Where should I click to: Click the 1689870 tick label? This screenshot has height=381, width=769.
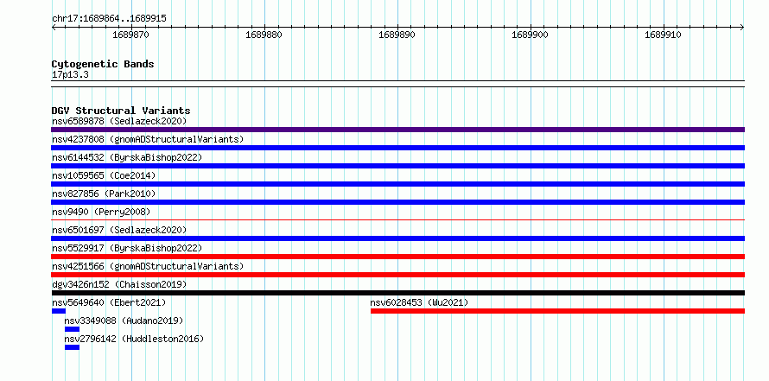pyautogui.click(x=131, y=35)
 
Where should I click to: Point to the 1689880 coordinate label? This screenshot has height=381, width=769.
pyautogui.click(x=264, y=35)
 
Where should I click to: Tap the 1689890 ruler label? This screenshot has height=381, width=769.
pyautogui.click(x=397, y=35)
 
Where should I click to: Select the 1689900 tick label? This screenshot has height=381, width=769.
pyautogui.click(x=531, y=35)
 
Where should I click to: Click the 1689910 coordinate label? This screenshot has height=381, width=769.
pyautogui.click(x=663, y=35)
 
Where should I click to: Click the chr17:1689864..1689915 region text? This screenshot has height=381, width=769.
pyautogui.click(x=109, y=19)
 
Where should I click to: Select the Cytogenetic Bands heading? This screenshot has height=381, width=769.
pyautogui.click(x=103, y=64)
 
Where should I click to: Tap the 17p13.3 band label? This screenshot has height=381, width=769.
pyautogui.click(x=70, y=75)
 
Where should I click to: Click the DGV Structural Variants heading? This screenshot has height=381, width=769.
pyautogui.click(x=121, y=111)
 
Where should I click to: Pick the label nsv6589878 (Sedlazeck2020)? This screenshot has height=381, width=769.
pyautogui.click(x=119, y=121)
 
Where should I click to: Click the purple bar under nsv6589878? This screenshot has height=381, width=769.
pyautogui.click(x=397, y=130)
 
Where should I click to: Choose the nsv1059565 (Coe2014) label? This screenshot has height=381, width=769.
pyautogui.click(x=104, y=175)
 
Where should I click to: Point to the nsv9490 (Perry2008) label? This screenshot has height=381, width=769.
pyautogui.click(x=101, y=212)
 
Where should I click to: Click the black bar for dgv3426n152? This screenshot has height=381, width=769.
pyautogui.click(x=397, y=293)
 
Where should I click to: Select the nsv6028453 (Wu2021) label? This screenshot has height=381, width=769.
pyautogui.click(x=419, y=302)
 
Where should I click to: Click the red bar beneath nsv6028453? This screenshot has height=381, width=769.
pyautogui.click(x=557, y=311)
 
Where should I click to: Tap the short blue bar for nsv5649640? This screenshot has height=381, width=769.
pyautogui.click(x=59, y=311)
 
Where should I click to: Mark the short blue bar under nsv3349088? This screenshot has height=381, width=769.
pyautogui.click(x=72, y=329)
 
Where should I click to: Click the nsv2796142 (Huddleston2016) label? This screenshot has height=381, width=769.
pyautogui.click(x=134, y=339)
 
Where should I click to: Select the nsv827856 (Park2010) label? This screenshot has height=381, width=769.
pyautogui.click(x=104, y=194)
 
